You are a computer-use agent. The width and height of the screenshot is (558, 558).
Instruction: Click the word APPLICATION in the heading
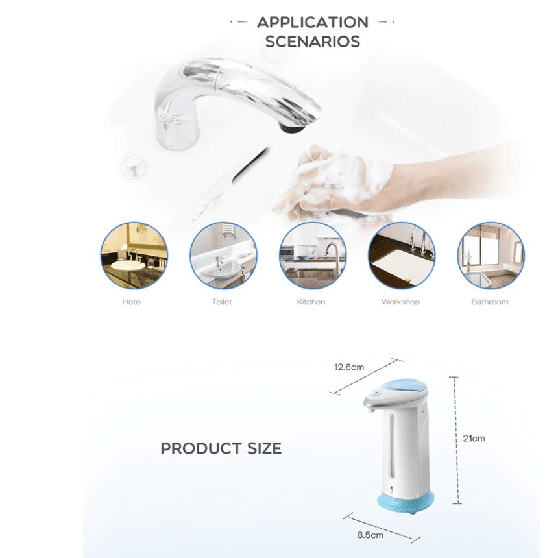pos(313,23)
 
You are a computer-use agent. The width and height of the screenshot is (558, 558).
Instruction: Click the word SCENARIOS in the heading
pos(313,42)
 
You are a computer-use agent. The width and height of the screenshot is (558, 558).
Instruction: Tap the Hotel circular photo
pos(134,256)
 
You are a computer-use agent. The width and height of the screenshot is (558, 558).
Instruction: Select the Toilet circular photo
pos(223,256)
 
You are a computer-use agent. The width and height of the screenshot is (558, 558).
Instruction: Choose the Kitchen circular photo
pos(313,256)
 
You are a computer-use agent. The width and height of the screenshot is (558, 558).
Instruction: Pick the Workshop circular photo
pos(402,256)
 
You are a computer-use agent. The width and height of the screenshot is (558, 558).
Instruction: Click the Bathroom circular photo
pos(491,256)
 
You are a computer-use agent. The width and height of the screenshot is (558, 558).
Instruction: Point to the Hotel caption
pos(132,302)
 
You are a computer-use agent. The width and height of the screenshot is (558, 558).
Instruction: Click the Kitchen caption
pos(311,302)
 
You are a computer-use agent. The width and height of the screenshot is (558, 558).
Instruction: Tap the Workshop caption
pos(401,302)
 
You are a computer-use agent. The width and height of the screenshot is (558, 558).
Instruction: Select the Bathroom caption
pos(490,302)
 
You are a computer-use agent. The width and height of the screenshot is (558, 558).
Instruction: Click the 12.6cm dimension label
pos(349,367)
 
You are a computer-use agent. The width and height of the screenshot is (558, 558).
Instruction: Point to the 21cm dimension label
pos(474,439)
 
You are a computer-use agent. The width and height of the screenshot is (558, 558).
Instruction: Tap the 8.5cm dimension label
pos(370,535)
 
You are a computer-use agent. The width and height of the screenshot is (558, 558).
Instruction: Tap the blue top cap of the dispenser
pos(406,388)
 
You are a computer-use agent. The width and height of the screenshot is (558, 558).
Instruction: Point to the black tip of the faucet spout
pos(293,127)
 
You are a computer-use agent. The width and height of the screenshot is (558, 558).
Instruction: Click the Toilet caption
pos(222,302)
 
